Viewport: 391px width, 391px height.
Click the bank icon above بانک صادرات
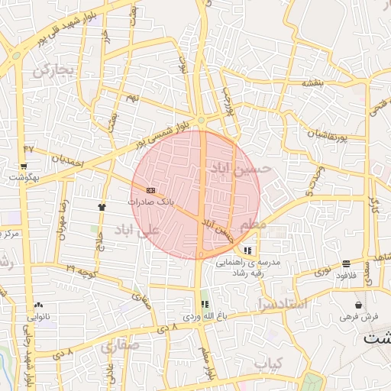(150, 189)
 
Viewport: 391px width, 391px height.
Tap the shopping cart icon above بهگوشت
(24, 166)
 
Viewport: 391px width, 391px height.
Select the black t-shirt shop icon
(101, 206)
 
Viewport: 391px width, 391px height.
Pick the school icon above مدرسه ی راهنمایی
(247, 250)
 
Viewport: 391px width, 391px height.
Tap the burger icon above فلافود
(347, 263)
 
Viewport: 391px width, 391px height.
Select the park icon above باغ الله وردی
(203, 304)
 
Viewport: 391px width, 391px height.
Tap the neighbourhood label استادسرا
(283, 304)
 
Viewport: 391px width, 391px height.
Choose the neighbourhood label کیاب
(267, 363)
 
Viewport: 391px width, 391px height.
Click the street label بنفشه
(314, 82)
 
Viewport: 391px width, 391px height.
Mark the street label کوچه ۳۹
(80, 269)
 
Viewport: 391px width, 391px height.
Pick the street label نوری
(323, 272)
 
